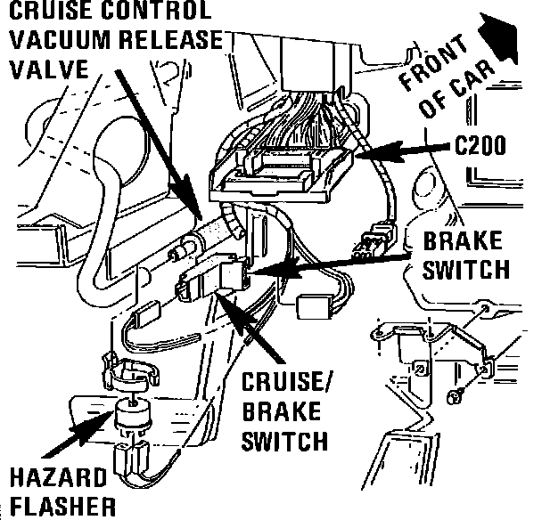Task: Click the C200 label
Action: click(x=481, y=145)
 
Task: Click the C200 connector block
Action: click(x=280, y=169)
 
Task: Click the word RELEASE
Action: click(x=170, y=39)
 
